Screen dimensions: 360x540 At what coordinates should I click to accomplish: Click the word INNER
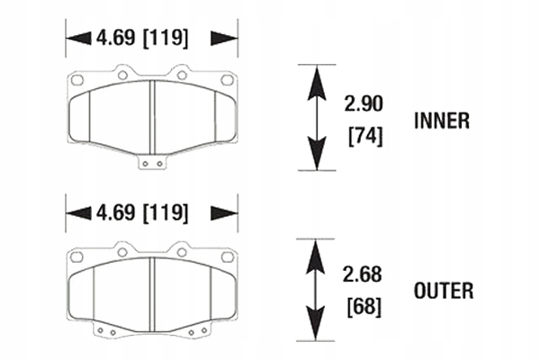[x=441, y=120]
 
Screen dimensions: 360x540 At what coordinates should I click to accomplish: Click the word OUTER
[x=443, y=291]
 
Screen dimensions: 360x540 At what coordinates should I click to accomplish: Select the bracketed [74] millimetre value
[x=364, y=137]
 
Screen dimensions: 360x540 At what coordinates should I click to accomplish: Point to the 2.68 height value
[x=364, y=274]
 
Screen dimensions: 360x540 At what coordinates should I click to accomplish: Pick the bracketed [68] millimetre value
[x=364, y=307]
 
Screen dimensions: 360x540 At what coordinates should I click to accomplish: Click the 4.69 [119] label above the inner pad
[x=141, y=39]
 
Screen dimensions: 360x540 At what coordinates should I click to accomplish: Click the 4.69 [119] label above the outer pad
[x=141, y=212]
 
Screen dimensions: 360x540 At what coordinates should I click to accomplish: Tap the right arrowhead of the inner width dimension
[x=229, y=39]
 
